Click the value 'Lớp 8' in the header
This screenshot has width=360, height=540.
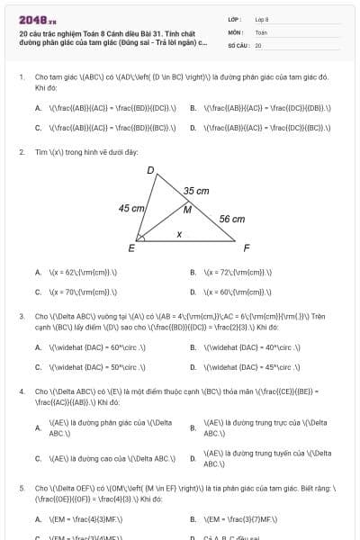(262, 19)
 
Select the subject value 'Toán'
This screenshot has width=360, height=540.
(261, 31)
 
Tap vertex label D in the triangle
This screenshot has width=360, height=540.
(150, 169)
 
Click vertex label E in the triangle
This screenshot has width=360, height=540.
(131, 247)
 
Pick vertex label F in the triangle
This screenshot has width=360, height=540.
(247, 247)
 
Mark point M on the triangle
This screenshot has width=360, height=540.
(187, 210)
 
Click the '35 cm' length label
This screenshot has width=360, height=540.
(196, 191)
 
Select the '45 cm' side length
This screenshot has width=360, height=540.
(131, 208)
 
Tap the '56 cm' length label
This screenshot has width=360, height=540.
(231, 219)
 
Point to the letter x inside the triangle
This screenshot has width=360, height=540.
(179, 234)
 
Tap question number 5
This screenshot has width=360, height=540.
(21, 488)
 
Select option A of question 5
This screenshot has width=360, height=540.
(73, 519)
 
